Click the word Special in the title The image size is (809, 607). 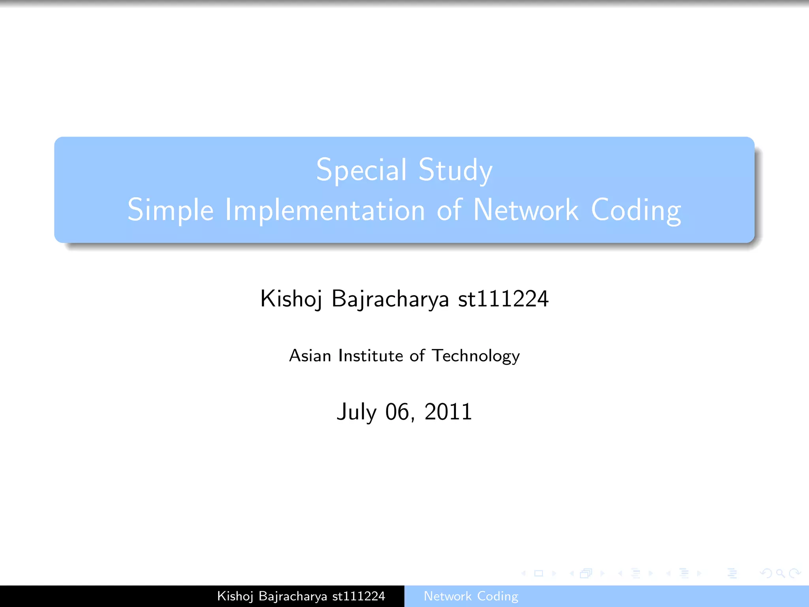(361, 170)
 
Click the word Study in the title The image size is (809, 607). (455, 170)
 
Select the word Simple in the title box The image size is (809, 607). (170, 210)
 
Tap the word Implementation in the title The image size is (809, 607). (325, 210)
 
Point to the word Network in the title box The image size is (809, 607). (525, 210)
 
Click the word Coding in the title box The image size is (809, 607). (636, 210)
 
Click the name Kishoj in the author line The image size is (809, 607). (291, 299)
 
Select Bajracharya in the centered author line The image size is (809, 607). (390, 299)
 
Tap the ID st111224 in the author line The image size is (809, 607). (503, 299)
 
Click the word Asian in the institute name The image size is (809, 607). (310, 356)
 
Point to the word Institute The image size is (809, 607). (370, 356)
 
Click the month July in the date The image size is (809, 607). (357, 412)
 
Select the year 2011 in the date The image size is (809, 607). (448, 412)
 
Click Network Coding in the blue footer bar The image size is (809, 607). (471, 596)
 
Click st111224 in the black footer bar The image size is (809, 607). (359, 596)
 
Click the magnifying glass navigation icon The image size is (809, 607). (780, 573)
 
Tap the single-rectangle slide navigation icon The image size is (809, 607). (539, 573)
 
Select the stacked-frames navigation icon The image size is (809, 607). (586, 573)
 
